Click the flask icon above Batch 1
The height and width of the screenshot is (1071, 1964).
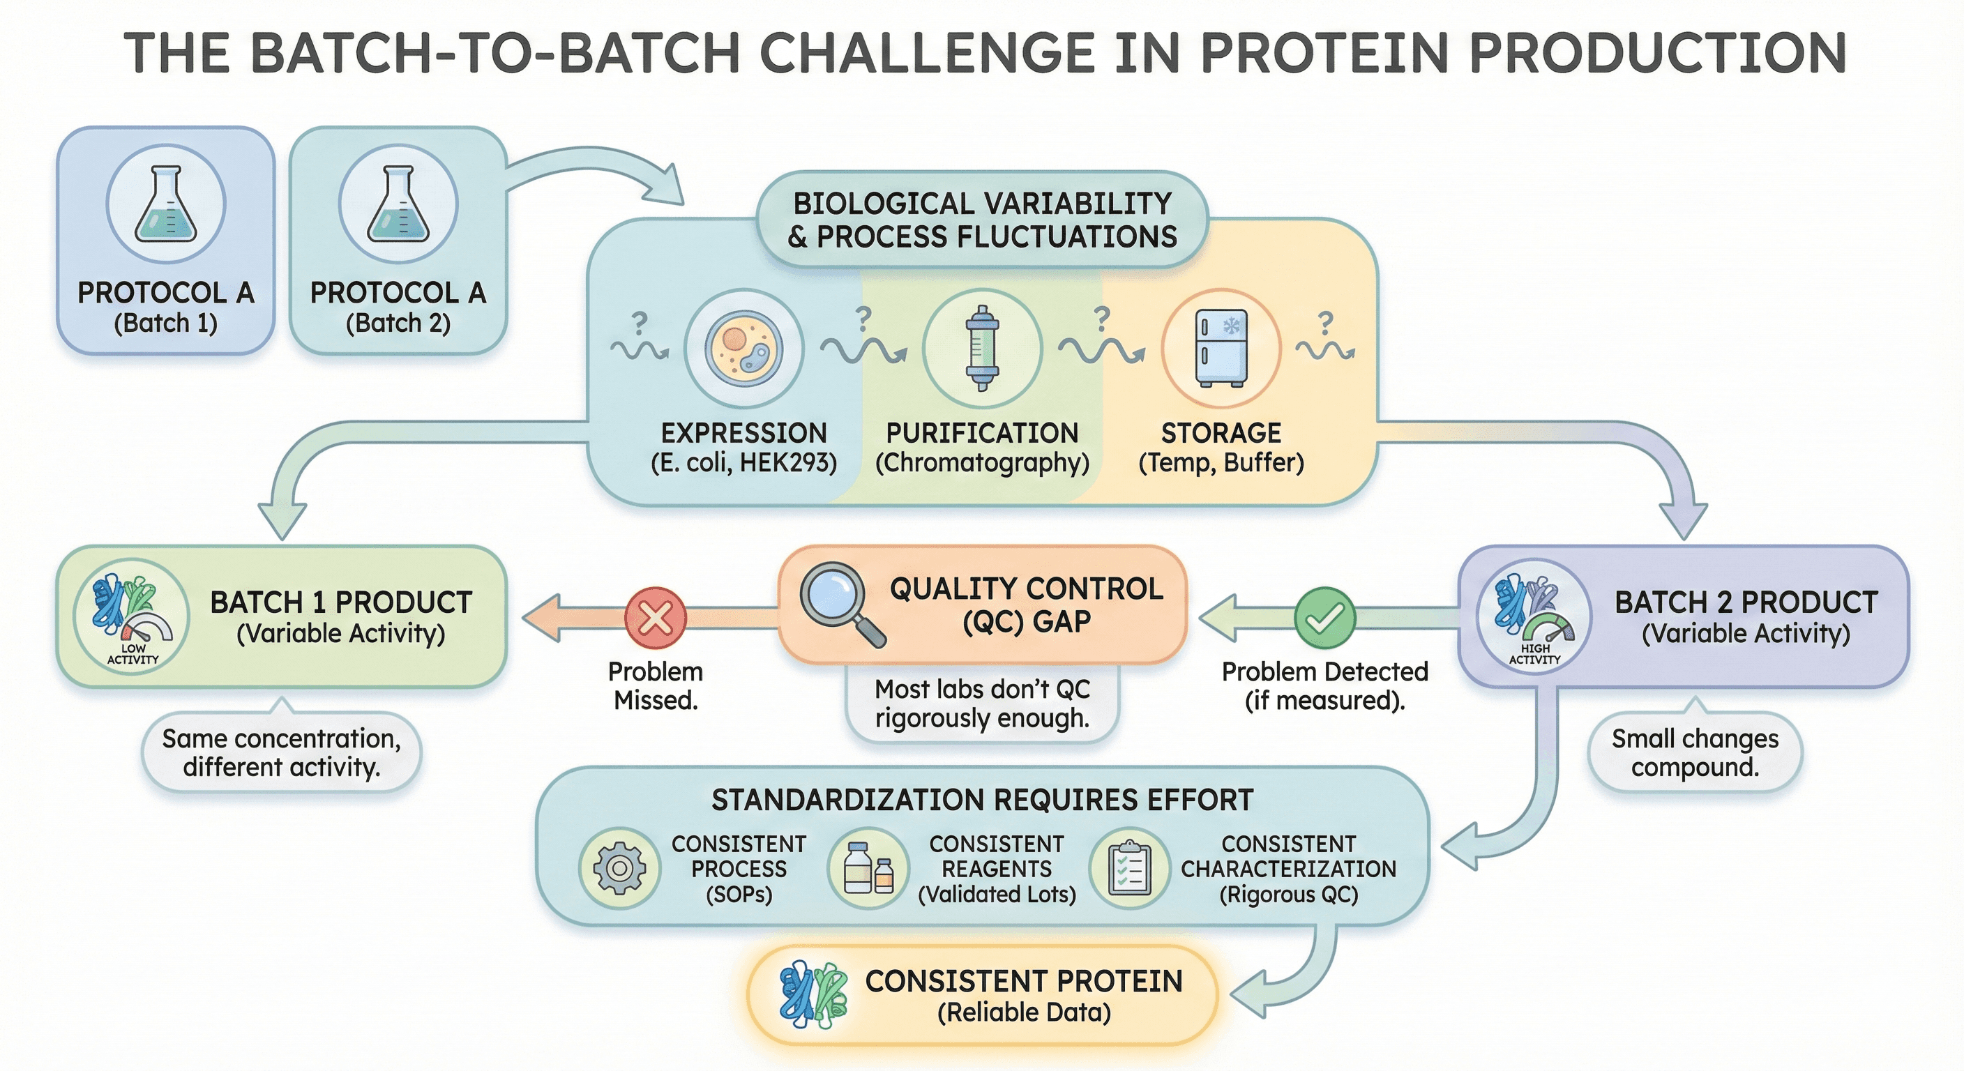[x=165, y=205]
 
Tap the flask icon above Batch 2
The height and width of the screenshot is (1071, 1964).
[x=398, y=205]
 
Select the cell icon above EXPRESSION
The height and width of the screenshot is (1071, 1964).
[x=743, y=349]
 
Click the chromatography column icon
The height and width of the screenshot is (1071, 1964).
[x=982, y=349]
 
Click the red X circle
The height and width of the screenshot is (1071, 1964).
[x=655, y=618]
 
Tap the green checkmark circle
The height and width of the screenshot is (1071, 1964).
[x=1325, y=618]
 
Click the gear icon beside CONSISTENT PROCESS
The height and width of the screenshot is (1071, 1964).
[x=620, y=868]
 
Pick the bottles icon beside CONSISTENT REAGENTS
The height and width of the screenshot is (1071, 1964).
[x=868, y=868]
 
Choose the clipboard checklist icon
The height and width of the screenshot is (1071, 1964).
[x=1129, y=868]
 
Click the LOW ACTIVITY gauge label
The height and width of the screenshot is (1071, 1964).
[x=133, y=654]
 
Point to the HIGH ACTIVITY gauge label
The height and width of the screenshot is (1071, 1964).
[x=1535, y=654]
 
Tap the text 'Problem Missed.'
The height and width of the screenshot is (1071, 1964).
[x=656, y=685]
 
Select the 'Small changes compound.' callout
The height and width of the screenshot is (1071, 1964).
[x=1695, y=752]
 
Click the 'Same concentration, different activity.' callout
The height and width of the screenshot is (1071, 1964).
[x=281, y=752]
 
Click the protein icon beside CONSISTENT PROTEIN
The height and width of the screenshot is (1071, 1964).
[x=813, y=994]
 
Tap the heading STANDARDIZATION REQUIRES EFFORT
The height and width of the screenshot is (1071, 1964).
[x=982, y=800]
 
